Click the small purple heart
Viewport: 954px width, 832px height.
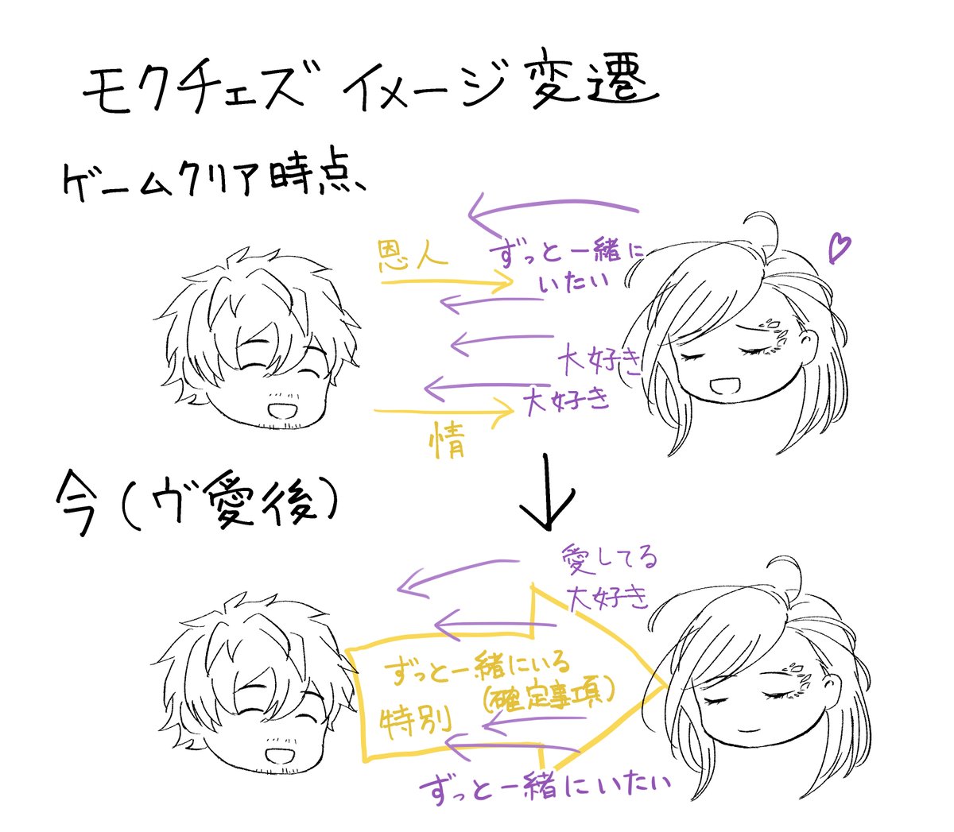coord(838,247)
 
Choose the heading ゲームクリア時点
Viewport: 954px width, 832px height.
coord(211,182)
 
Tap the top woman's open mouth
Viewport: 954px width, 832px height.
coord(727,388)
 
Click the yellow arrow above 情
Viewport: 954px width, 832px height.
coord(445,412)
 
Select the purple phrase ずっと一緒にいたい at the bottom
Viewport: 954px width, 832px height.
coord(545,787)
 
